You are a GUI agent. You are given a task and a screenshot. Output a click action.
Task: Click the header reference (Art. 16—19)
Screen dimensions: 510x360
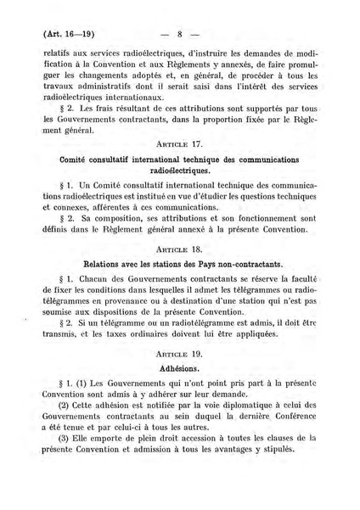pos(65,35)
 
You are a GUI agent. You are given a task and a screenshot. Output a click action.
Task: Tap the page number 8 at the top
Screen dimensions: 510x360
pos(181,35)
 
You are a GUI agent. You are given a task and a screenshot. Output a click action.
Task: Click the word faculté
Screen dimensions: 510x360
pos(301,280)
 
